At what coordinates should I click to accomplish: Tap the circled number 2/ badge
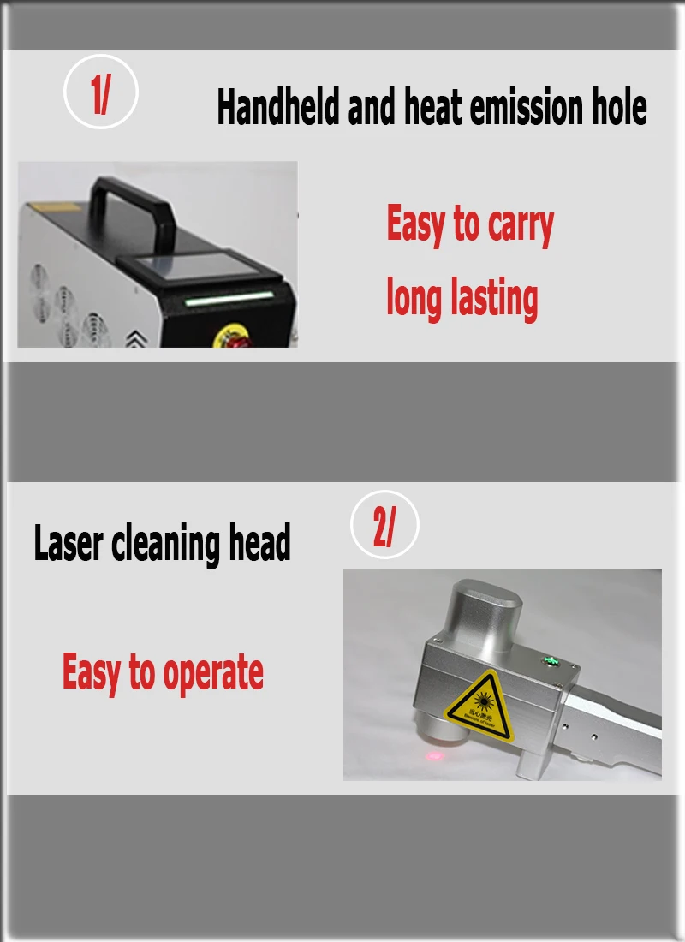click(384, 529)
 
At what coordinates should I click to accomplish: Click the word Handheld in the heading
click(278, 109)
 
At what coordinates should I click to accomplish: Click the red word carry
click(521, 225)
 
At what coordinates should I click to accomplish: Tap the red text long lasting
click(462, 299)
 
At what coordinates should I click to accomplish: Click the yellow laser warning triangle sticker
click(479, 707)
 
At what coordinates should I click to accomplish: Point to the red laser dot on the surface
click(435, 755)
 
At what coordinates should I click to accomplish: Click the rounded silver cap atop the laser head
click(485, 606)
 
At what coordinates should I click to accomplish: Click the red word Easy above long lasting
click(417, 225)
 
